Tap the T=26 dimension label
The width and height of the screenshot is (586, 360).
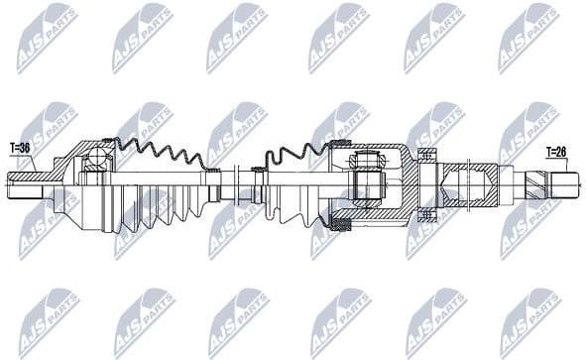coord(558,152)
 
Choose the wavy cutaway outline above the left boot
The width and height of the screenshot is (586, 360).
coord(159,155)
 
